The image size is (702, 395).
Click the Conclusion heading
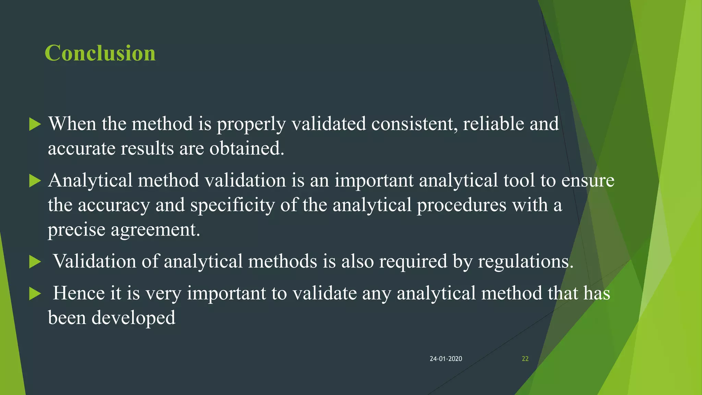tap(100, 53)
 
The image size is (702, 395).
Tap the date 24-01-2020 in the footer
tap(446, 359)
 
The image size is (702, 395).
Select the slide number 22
tap(525, 359)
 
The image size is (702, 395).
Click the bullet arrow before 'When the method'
tap(35, 124)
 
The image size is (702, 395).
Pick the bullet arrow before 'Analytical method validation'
tap(35, 181)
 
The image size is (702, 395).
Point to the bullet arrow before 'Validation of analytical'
tap(35, 262)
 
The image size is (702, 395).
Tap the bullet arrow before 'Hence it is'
tap(35, 294)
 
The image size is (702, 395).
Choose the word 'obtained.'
tap(247, 148)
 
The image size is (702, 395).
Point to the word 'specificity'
tap(232, 205)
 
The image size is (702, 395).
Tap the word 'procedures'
tap(461, 205)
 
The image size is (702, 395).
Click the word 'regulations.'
tap(525, 262)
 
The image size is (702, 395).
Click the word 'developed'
tap(133, 318)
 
